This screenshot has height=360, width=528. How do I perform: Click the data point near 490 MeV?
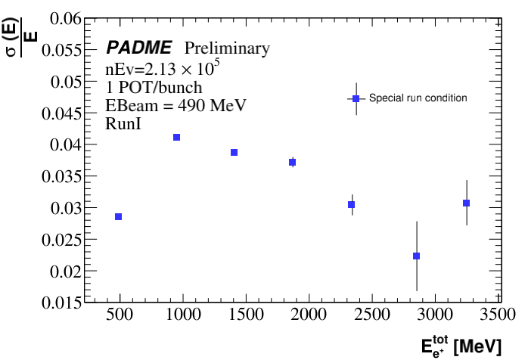point(118,217)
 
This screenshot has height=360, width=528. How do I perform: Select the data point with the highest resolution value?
point(176,137)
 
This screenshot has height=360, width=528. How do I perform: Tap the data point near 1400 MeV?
point(234,152)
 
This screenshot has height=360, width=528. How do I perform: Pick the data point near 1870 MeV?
point(292,162)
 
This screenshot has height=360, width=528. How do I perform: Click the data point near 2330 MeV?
point(351,204)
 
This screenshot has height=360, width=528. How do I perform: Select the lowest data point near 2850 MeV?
point(416,256)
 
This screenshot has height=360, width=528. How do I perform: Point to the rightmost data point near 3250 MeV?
point(466,203)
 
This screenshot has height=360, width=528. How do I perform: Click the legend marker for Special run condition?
point(356,98)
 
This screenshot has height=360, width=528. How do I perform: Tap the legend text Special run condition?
point(418,98)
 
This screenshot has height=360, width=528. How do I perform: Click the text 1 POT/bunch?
point(154,87)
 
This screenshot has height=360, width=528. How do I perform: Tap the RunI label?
point(123,123)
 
